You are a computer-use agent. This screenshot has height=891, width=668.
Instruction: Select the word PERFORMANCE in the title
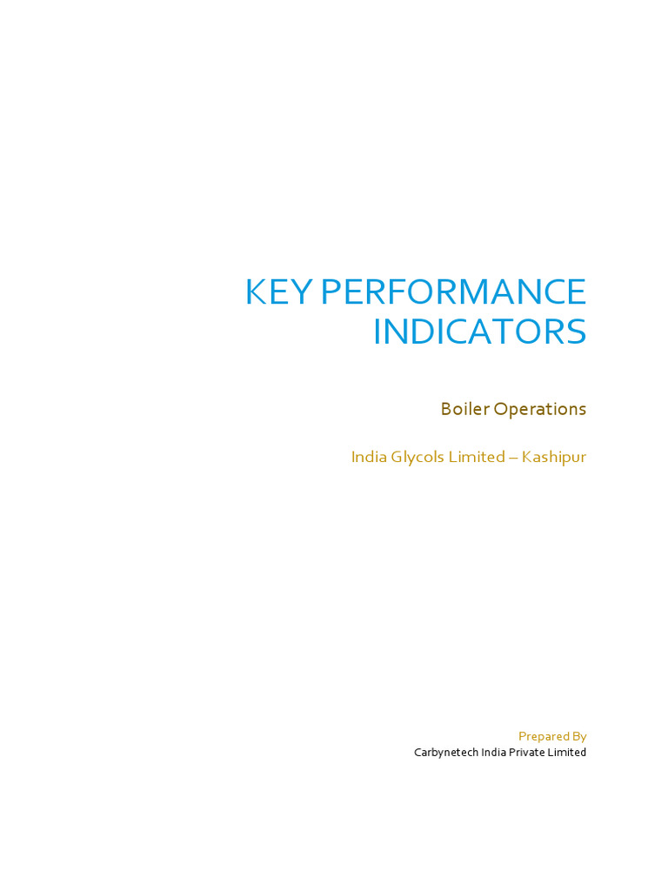point(453,292)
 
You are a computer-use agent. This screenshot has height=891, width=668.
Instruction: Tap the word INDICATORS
point(479,332)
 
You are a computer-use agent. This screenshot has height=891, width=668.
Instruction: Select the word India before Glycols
point(366,457)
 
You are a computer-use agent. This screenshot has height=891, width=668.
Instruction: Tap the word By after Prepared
point(579,737)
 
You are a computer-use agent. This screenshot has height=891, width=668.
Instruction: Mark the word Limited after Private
point(567,753)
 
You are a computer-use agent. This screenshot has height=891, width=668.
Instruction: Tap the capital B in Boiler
point(446,409)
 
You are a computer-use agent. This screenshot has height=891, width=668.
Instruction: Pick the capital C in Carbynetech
point(417,753)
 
